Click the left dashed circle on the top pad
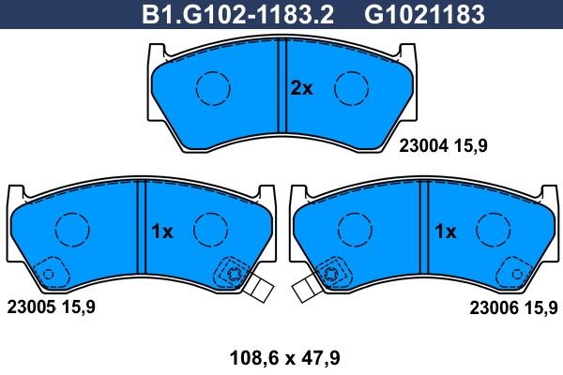[212, 88]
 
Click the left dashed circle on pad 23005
[69, 230]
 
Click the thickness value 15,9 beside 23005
[76, 307]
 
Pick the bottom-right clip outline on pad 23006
[516, 273]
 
